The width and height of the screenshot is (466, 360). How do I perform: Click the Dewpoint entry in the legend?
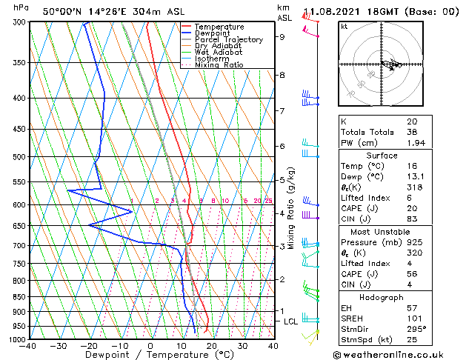click(x=212, y=33)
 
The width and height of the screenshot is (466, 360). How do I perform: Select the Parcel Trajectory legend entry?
click(x=228, y=40)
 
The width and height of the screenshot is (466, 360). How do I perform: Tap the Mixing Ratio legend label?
click(x=219, y=65)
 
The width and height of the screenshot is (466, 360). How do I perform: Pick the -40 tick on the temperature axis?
click(x=28, y=346)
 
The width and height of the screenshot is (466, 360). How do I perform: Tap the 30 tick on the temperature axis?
click(x=242, y=346)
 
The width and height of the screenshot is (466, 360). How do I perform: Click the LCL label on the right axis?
click(x=290, y=321)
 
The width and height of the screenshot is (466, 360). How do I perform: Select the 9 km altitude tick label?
click(x=282, y=36)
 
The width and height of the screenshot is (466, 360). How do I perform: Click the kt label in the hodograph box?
click(x=344, y=26)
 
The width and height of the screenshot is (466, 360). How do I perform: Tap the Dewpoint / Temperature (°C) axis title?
click(x=150, y=355)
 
